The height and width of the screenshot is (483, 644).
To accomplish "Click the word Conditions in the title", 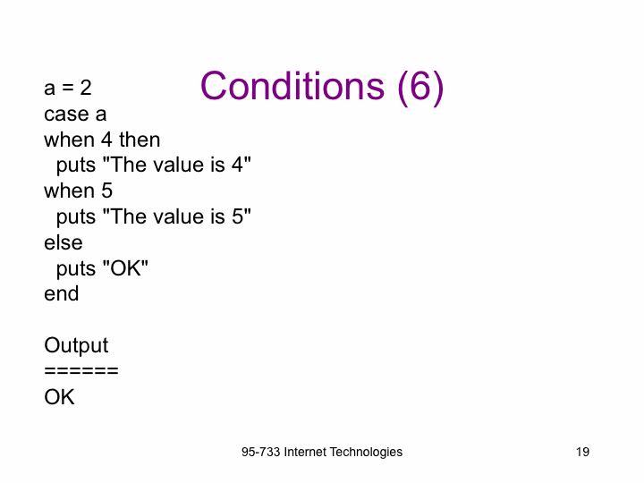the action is click(292, 86).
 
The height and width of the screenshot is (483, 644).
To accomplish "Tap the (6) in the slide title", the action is click(420, 88).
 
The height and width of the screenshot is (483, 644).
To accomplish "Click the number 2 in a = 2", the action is click(86, 88).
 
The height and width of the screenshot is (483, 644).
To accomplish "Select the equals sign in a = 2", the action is click(68, 89).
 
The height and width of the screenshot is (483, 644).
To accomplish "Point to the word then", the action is click(140, 140).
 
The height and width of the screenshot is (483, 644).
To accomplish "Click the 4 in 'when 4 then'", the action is click(106, 140).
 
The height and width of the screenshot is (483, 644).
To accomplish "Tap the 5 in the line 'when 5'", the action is click(106, 191).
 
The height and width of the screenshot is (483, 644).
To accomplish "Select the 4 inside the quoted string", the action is click(237, 165).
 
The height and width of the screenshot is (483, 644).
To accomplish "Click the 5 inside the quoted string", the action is click(238, 216).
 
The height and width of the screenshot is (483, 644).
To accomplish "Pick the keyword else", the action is click(64, 242).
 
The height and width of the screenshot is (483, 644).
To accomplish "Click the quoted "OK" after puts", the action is click(125, 268).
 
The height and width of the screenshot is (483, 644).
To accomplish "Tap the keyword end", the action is click(62, 293).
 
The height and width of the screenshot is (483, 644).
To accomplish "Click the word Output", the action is click(76, 346).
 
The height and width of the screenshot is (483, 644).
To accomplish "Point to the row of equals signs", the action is click(81, 371).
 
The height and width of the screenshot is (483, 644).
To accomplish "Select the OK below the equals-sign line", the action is click(60, 397).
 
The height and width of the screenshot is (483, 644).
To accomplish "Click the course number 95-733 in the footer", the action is click(261, 453).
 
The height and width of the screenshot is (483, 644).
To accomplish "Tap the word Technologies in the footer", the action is click(366, 453).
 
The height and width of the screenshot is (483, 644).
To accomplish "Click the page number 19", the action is click(582, 453).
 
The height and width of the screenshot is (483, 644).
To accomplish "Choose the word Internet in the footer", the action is click(305, 453).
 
